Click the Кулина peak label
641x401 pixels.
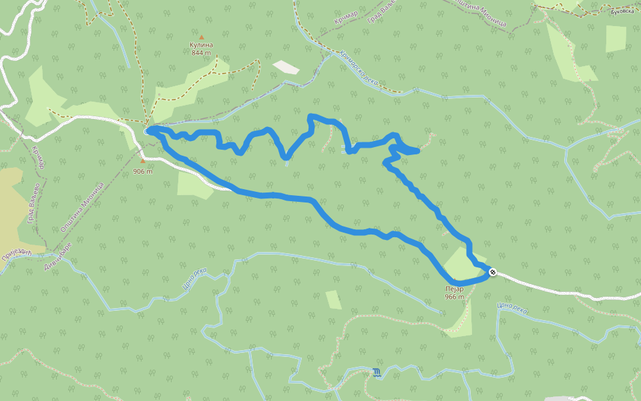[x=201, y=45]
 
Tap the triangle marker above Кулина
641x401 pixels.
[x=201, y=37]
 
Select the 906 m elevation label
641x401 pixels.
[x=143, y=171]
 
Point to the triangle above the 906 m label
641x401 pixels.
[x=142, y=161]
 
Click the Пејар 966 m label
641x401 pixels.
[x=455, y=293]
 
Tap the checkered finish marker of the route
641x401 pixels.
[x=493, y=272]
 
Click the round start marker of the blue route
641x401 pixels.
[x=148, y=131]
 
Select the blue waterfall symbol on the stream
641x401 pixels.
[x=378, y=372]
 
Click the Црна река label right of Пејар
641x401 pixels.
[x=513, y=306]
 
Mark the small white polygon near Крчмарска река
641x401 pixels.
[x=286, y=67]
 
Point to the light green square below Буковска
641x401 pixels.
[x=616, y=38]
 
